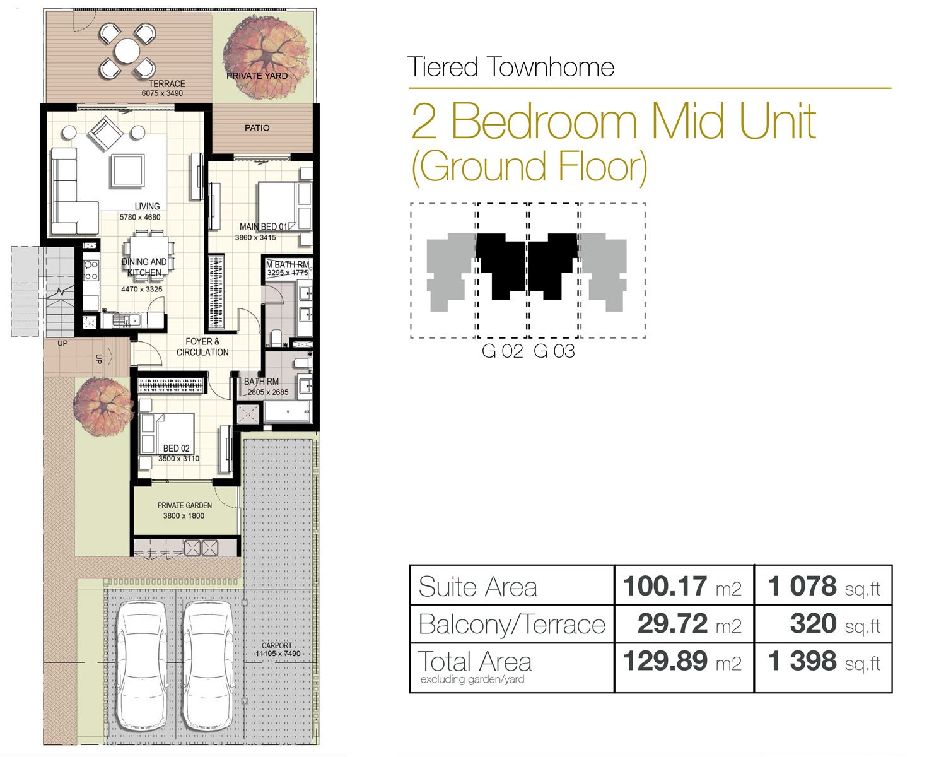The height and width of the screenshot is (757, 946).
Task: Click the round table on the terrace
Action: point(127,52)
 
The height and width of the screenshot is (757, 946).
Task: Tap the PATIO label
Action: point(257,128)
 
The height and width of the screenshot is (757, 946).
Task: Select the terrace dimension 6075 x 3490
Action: point(162,93)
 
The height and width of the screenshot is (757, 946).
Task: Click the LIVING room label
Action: point(148,206)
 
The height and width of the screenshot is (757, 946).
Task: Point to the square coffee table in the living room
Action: point(127,171)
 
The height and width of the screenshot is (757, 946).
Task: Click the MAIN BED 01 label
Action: point(264,227)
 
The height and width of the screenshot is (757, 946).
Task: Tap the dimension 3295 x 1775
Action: point(288,273)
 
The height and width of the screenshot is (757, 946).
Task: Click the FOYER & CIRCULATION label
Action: point(202,347)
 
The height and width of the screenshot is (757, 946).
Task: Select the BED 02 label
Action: point(177,449)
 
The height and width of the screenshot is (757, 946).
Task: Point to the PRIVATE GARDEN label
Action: point(185,505)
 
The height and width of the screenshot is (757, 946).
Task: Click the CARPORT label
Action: point(277,645)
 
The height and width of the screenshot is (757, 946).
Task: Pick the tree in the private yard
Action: point(266,57)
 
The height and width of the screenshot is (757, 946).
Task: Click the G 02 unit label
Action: point(503,351)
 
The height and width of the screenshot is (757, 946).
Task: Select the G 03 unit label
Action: point(554,351)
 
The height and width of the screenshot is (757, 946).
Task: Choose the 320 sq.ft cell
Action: point(823,624)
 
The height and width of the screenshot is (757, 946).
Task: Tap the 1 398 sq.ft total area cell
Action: point(823,662)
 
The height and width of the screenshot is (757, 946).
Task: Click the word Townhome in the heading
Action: point(551,67)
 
